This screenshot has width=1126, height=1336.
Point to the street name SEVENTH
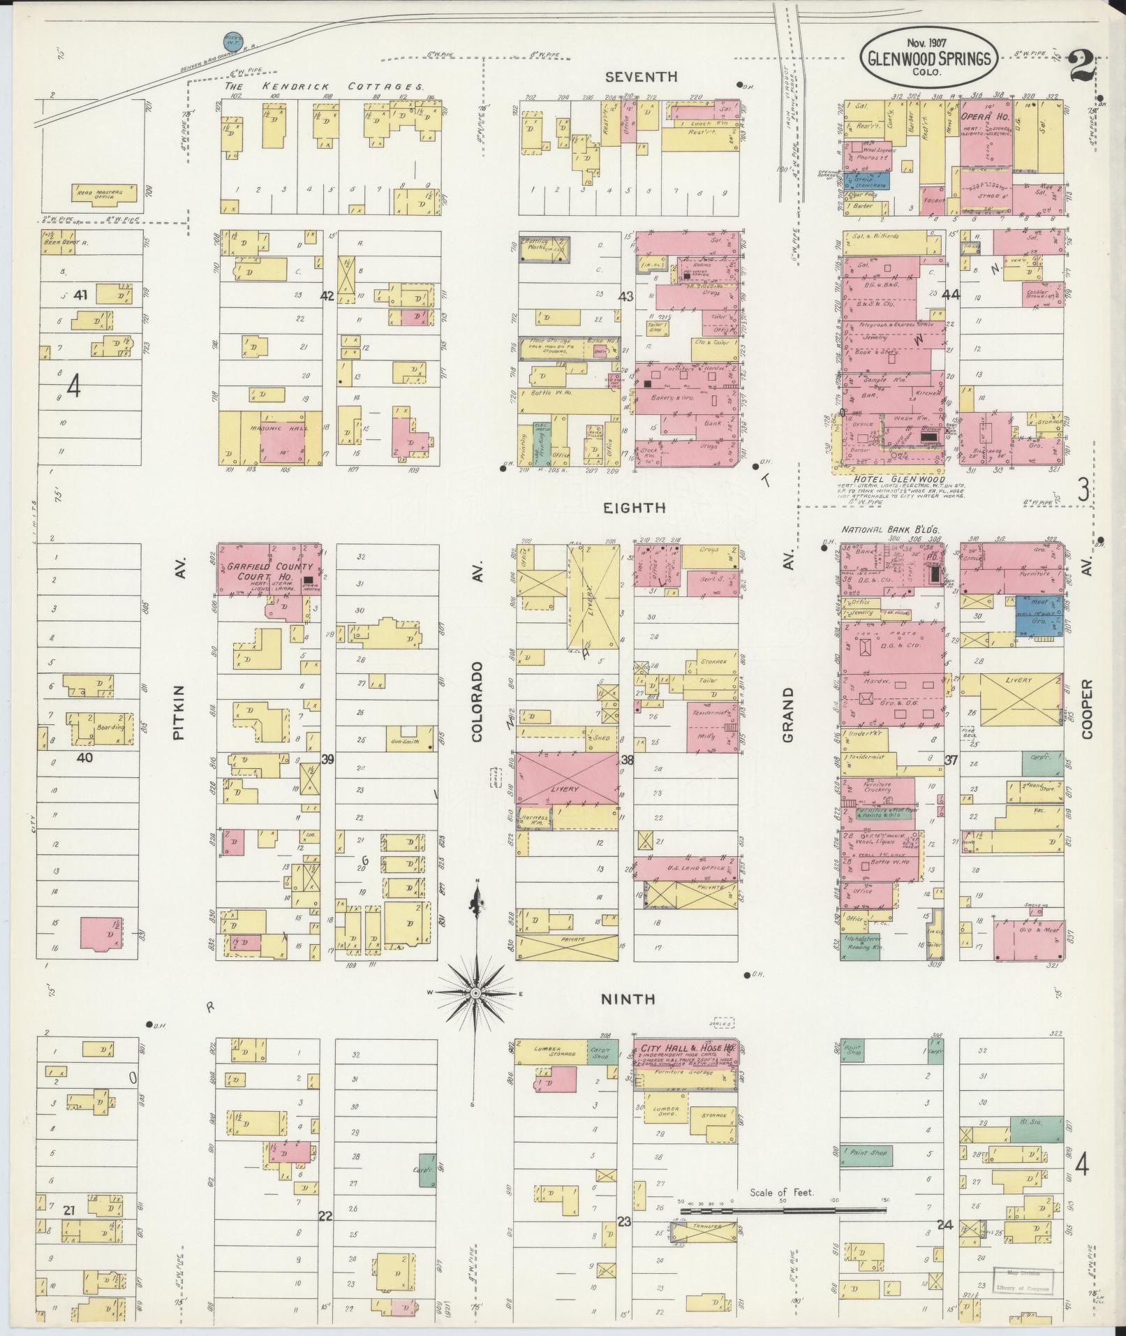point(631,76)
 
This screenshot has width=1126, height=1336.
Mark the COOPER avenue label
point(1086,710)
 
